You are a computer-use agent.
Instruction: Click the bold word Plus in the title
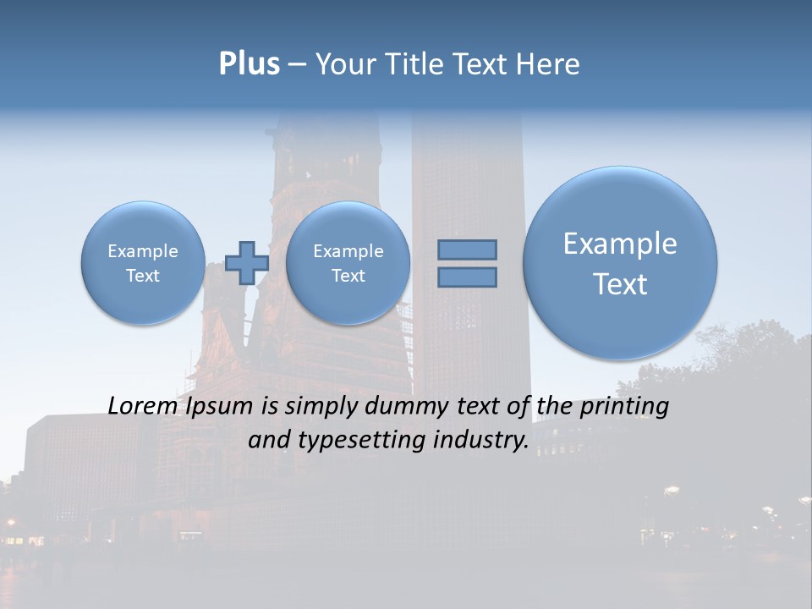(249, 64)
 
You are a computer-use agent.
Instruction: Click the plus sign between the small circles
(247, 263)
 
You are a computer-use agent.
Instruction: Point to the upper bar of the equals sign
(467, 250)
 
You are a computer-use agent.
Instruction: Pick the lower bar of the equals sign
(467, 277)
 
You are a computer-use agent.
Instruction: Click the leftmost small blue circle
(143, 263)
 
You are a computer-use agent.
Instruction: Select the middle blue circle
(348, 263)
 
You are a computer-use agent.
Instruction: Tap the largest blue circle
(620, 263)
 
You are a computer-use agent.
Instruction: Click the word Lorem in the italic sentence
(142, 406)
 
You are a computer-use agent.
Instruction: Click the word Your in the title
(340, 64)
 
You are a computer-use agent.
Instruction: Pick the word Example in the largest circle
(620, 244)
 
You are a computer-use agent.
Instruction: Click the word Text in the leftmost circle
(143, 276)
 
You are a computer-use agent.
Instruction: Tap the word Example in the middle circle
(348, 251)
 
